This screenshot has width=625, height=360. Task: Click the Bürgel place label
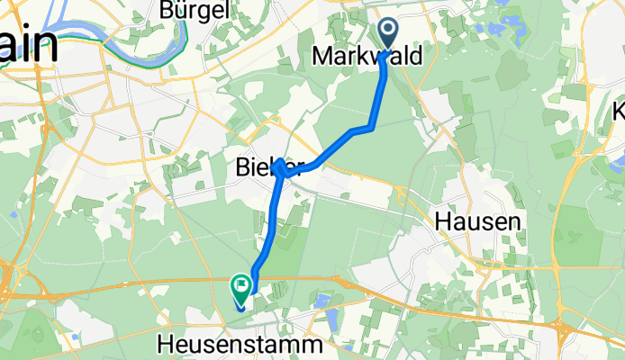click(190, 10)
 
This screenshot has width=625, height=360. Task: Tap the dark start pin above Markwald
click(388, 34)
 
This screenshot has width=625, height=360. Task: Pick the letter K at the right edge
click(619, 112)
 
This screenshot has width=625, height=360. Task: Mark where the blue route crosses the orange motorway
click(254, 280)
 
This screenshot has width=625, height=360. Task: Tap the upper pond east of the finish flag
click(323, 298)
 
